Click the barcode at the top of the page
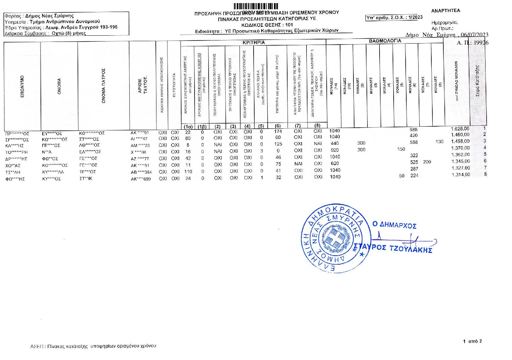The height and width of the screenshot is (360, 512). pos(256,6)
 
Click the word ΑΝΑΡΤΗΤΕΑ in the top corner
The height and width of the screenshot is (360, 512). pos(445,11)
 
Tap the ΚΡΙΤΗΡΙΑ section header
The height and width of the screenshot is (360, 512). pos(253,43)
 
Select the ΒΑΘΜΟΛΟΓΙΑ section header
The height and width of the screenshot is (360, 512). pos(385,41)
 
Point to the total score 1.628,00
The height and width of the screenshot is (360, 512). pos(460,129)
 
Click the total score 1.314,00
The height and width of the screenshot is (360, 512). pos(460,175)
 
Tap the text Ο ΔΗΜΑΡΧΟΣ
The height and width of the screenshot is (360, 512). pos(394,225)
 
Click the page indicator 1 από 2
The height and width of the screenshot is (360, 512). pos(472,341)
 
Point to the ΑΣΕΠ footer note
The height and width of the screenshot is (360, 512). pos(93,346)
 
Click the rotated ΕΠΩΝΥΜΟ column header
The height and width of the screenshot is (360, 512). pos(22,86)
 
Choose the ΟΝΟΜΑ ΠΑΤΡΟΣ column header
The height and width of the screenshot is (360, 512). pos(103,86)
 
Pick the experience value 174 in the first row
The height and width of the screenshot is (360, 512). pos(278,131)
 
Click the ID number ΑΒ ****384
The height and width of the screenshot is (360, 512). pos(141,172)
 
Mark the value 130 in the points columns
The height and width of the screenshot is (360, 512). pos(439,141)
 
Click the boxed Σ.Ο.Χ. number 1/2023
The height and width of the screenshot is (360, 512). pos(394,18)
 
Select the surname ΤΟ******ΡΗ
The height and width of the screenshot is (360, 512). pos(16,152)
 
